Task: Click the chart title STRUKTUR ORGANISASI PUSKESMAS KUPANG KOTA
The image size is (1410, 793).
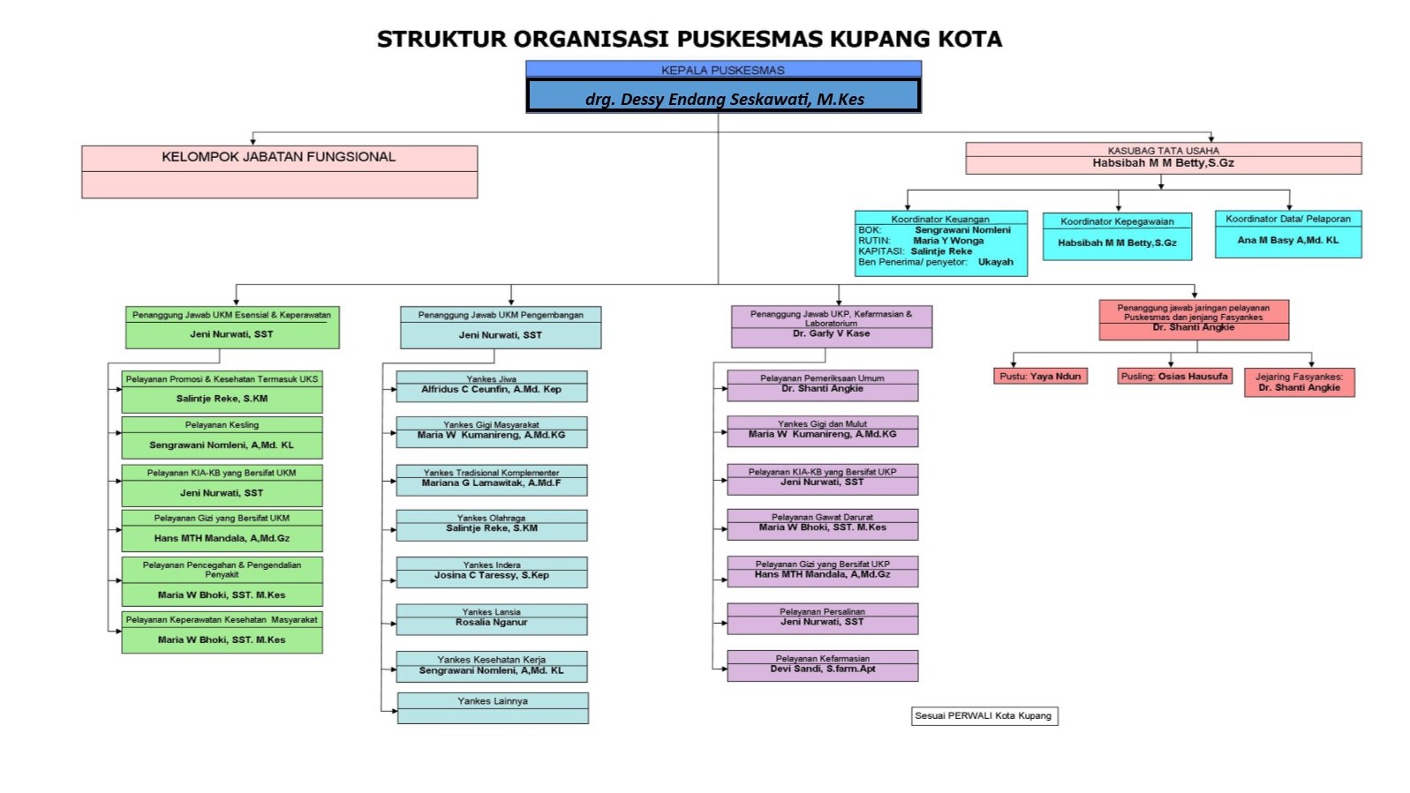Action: (x=689, y=39)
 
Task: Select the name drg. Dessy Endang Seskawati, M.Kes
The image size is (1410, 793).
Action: (x=724, y=99)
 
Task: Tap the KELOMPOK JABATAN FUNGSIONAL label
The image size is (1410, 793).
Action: (x=278, y=157)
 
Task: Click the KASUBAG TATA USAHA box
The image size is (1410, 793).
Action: (x=1163, y=158)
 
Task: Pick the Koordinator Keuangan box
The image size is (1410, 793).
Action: (x=940, y=243)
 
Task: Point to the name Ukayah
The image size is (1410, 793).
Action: (x=995, y=262)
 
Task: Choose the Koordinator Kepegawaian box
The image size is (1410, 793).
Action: (x=1117, y=236)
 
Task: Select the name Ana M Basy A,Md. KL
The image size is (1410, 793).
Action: (x=1287, y=240)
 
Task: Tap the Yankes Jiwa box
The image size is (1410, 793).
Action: (x=491, y=385)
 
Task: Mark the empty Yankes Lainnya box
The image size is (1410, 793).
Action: (x=492, y=713)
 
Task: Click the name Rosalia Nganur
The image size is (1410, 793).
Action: (x=491, y=623)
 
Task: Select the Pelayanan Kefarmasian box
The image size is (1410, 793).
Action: (x=822, y=665)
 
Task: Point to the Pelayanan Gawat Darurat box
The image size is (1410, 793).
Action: (x=822, y=523)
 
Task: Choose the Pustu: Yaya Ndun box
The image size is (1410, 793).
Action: (x=1040, y=377)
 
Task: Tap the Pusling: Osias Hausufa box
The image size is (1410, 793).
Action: (x=1173, y=377)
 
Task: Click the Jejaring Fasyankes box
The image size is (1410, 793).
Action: (x=1299, y=382)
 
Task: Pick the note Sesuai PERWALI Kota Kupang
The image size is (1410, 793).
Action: (x=984, y=715)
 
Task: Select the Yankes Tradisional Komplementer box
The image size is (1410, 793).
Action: (x=491, y=479)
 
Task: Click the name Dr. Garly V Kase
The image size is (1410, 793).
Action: (x=831, y=334)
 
